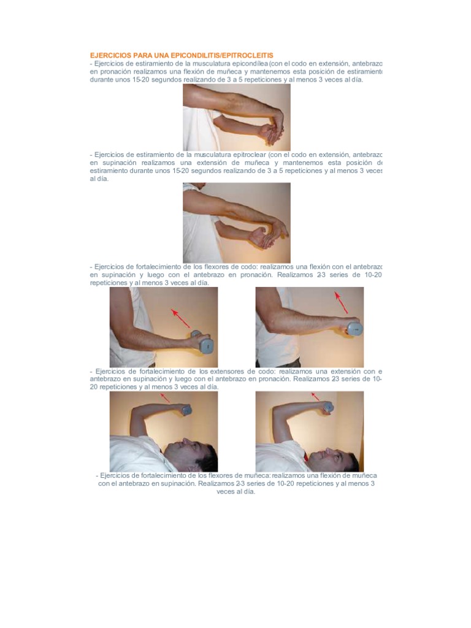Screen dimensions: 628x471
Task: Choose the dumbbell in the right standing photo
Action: [x=354, y=329]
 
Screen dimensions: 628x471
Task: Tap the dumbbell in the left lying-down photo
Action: [x=185, y=410]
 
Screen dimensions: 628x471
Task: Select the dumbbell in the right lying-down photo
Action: [x=328, y=407]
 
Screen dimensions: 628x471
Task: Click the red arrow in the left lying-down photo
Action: [x=165, y=398]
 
